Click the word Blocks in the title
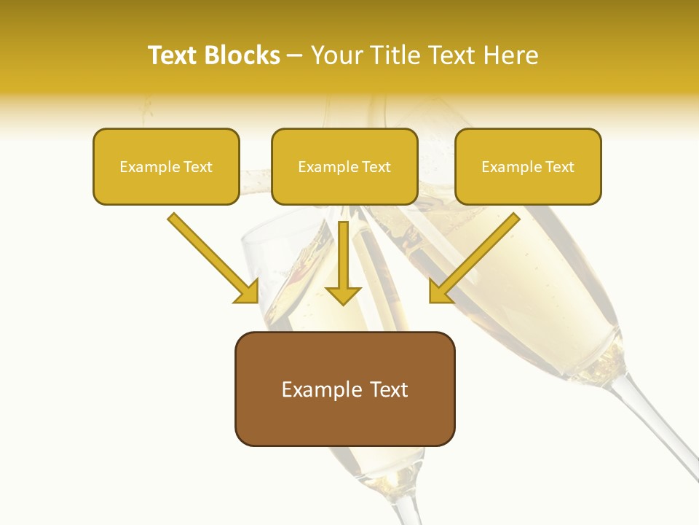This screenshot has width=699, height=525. pos(242,55)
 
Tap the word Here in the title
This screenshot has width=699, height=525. pos(511,55)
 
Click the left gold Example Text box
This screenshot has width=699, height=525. pos(166,166)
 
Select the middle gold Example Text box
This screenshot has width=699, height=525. pos(344,166)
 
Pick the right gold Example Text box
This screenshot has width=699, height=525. pos(528,166)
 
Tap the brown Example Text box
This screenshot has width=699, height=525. pos(344,389)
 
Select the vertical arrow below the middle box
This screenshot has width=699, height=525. pos(343,255)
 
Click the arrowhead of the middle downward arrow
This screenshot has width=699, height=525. pos(343,295)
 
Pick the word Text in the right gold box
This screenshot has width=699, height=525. pos(559,167)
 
